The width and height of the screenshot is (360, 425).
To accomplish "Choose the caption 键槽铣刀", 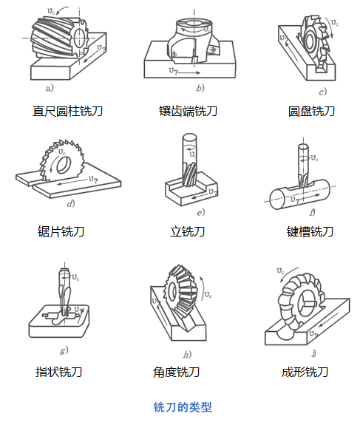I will pos(310,231).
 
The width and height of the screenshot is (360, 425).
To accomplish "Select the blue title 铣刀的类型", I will pos(182,407).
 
